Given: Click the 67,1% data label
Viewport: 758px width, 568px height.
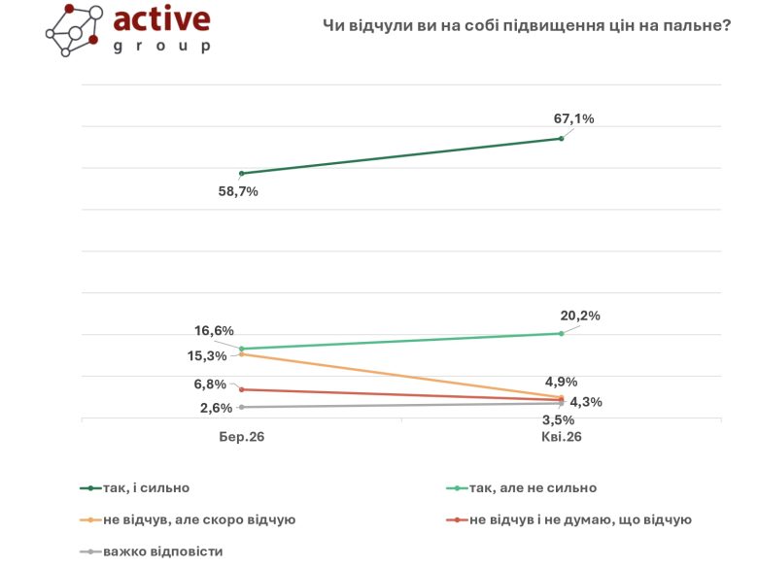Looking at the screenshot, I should pos(573,118).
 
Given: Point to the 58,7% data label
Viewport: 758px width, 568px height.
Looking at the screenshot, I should pos(238,191).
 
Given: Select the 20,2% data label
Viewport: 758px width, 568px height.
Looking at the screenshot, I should pos(581,316).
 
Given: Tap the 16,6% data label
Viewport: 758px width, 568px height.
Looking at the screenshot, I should pos(215,331).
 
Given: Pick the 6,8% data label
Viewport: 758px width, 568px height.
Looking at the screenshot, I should pos(210,384).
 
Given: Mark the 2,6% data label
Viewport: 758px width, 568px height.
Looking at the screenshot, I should pos(215,408).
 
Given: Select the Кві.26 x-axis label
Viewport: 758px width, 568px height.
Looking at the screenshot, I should pos(561,438).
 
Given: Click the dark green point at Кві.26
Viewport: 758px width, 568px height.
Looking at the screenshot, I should pos(561,139).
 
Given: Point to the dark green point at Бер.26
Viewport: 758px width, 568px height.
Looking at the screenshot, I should pos(241,174).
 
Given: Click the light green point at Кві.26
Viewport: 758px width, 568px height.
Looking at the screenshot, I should pos(561,334).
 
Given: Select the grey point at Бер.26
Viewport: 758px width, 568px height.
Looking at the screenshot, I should pos(241,407).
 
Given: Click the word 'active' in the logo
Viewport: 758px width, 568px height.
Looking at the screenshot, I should pos(161,21).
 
